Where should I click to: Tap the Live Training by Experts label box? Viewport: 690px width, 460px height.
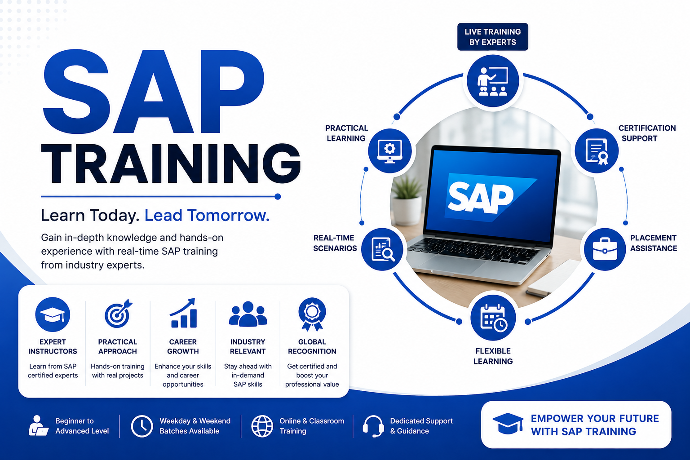tap(492, 37)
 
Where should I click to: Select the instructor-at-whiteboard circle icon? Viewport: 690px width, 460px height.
tap(493, 81)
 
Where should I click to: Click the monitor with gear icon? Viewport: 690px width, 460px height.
tap(389, 150)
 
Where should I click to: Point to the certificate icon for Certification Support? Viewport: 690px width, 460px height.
tap(597, 150)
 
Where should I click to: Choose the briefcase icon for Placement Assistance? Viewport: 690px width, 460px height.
tap(605, 249)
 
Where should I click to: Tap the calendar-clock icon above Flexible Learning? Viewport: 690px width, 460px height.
tap(493, 318)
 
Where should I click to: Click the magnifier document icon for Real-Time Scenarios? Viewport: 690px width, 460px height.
tap(382, 249)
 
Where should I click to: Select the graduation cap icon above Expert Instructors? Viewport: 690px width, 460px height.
tap(53, 314)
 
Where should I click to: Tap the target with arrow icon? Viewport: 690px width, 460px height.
tap(118, 314)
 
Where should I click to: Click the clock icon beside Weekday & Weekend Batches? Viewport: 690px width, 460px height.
tap(142, 426)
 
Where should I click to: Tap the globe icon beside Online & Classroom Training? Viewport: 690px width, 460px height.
tap(262, 426)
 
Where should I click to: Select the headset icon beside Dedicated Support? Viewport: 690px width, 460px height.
tap(373, 426)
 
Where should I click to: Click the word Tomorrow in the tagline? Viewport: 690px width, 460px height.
tap(228, 215)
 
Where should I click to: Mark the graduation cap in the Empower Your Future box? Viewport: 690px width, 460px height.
tap(508, 424)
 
